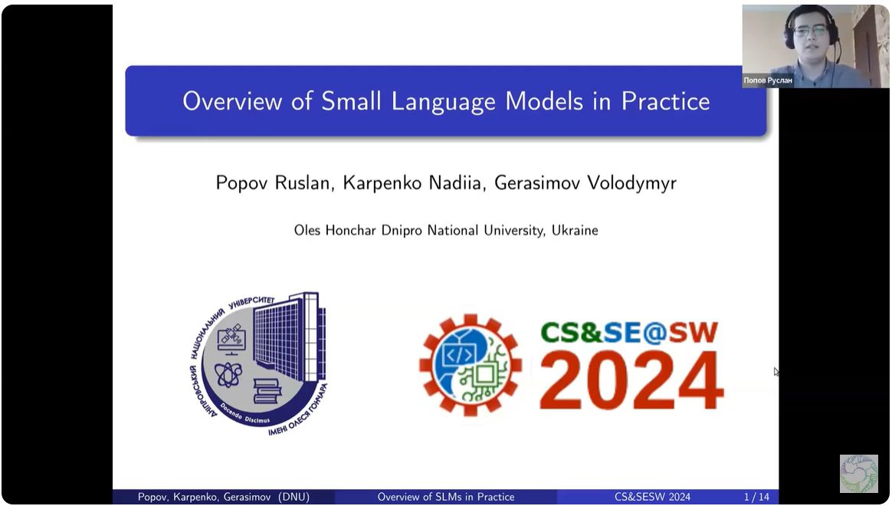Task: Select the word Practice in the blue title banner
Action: (665, 101)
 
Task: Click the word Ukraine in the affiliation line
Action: (575, 230)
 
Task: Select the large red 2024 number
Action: (631, 380)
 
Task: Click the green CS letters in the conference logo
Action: (565, 332)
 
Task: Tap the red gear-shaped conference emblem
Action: (470, 365)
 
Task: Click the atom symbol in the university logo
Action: (228, 374)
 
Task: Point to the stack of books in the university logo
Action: (267, 391)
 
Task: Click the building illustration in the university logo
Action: (287, 337)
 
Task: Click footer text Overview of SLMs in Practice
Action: (445, 497)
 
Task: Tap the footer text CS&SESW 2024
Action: (652, 497)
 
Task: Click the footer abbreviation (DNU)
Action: (294, 497)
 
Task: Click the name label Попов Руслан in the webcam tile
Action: (768, 80)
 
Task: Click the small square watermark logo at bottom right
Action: (858, 473)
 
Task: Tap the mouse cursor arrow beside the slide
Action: (776, 372)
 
